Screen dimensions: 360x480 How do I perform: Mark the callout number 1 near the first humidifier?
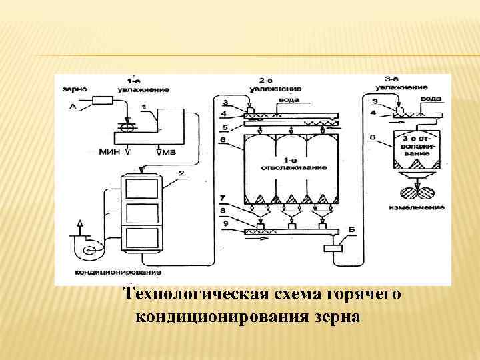[144, 107]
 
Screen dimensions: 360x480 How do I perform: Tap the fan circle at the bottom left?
[87, 251]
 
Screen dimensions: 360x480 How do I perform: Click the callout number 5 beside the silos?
[225, 127]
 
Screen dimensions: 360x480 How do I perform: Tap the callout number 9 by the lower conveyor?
[225, 224]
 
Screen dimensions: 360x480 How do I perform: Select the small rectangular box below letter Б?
[332, 248]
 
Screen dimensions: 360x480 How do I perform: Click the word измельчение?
[416, 208]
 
